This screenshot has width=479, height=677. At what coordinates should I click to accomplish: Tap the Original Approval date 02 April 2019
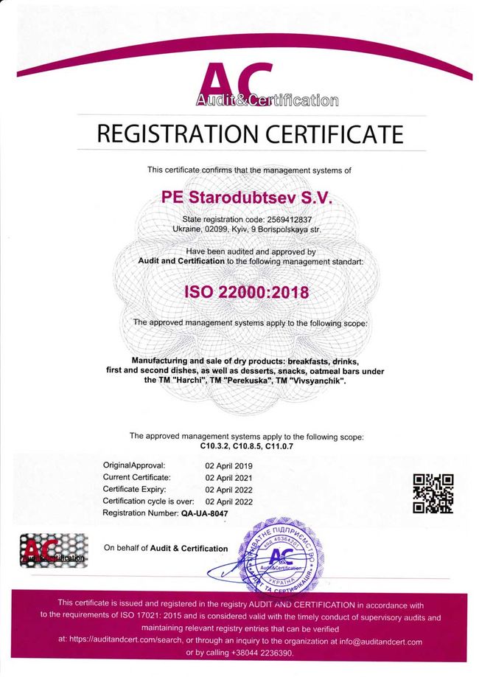[x=228, y=465]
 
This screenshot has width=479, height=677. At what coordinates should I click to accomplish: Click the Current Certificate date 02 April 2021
[x=228, y=477]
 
